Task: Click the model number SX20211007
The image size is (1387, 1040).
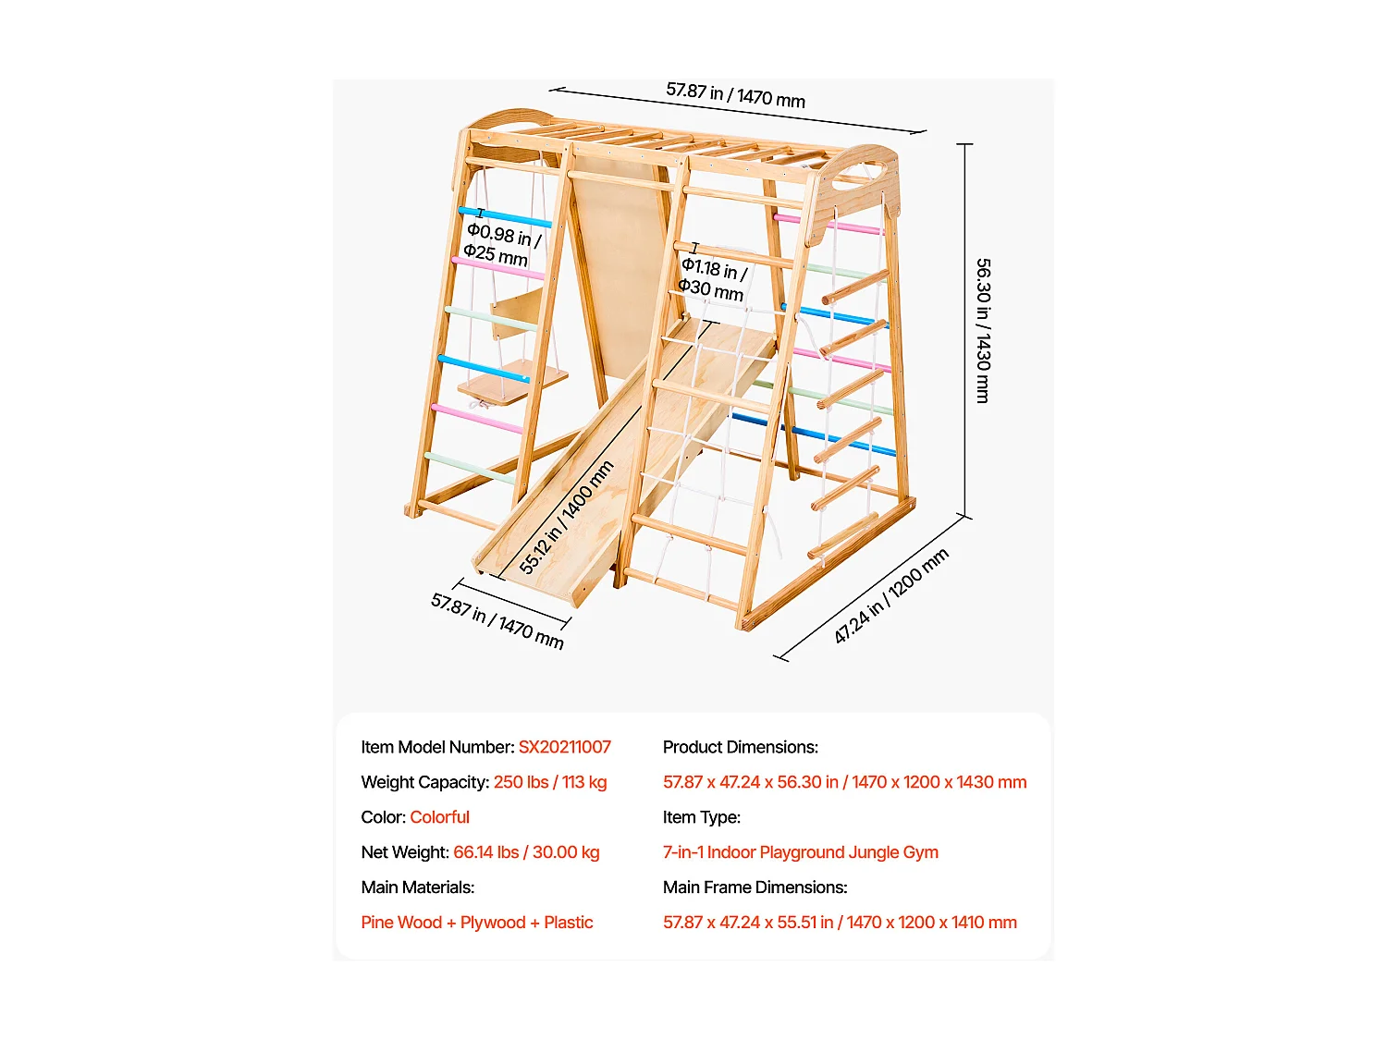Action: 564,747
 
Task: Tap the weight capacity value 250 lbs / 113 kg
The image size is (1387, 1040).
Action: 550,782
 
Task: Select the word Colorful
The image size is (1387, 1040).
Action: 440,817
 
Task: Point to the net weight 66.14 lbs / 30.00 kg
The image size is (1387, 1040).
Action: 526,852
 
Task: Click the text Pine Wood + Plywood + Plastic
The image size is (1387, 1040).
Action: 477,923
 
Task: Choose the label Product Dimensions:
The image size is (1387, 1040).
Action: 741,747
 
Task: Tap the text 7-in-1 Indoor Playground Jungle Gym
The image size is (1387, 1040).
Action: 801,852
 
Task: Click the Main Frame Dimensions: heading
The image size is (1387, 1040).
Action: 755,887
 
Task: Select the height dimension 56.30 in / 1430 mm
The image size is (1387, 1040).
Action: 983,330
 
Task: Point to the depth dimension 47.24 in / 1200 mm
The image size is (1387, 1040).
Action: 890,595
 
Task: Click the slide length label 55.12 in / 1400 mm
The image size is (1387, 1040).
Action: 566,518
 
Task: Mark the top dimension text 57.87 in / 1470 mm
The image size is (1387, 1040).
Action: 735,94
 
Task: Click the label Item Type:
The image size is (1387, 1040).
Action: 702,817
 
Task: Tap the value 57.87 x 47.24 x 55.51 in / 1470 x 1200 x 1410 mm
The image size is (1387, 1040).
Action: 840,923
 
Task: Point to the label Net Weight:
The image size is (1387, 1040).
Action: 405,852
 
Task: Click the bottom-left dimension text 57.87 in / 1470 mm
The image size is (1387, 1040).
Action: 497,621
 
